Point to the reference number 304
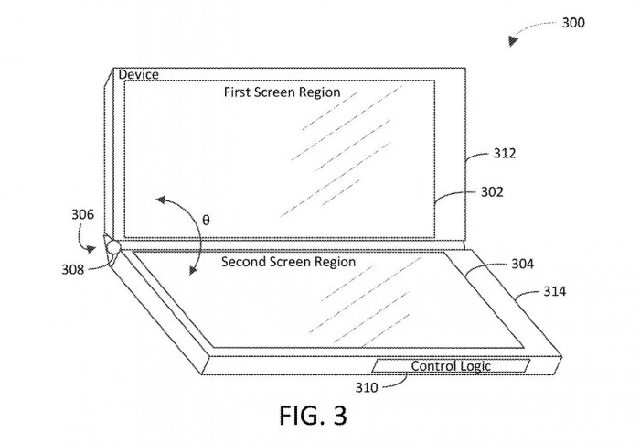pyautogui.click(x=523, y=264)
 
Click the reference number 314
pyautogui.click(x=554, y=292)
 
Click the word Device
pyautogui.click(x=138, y=74)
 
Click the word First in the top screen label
pyautogui.click(x=241, y=92)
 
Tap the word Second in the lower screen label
pyautogui.click(x=248, y=262)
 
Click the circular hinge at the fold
pyautogui.click(x=113, y=247)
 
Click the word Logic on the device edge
pyautogui.click(x=475, y=366)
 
